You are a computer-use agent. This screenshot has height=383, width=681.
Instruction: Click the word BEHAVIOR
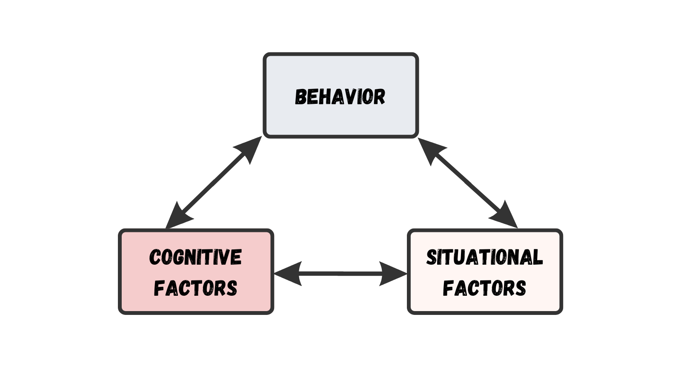point(340,97)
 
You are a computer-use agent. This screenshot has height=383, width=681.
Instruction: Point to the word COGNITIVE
point(195,257)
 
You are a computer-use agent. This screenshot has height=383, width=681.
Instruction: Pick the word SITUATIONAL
point(484,257)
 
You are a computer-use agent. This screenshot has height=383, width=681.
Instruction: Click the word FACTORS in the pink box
point(195,288)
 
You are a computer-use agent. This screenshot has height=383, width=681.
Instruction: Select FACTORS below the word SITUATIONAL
point(484,288)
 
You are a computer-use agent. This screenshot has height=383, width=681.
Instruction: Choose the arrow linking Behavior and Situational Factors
point(468,183)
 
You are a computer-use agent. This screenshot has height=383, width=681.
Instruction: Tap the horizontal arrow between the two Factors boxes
point(340,274)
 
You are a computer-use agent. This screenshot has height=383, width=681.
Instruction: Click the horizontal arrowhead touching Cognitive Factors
point(287,274)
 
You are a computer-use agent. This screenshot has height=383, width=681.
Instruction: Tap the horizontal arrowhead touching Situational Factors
point(394,274)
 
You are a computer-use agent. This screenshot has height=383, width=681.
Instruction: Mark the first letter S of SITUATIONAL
point(431,257)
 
